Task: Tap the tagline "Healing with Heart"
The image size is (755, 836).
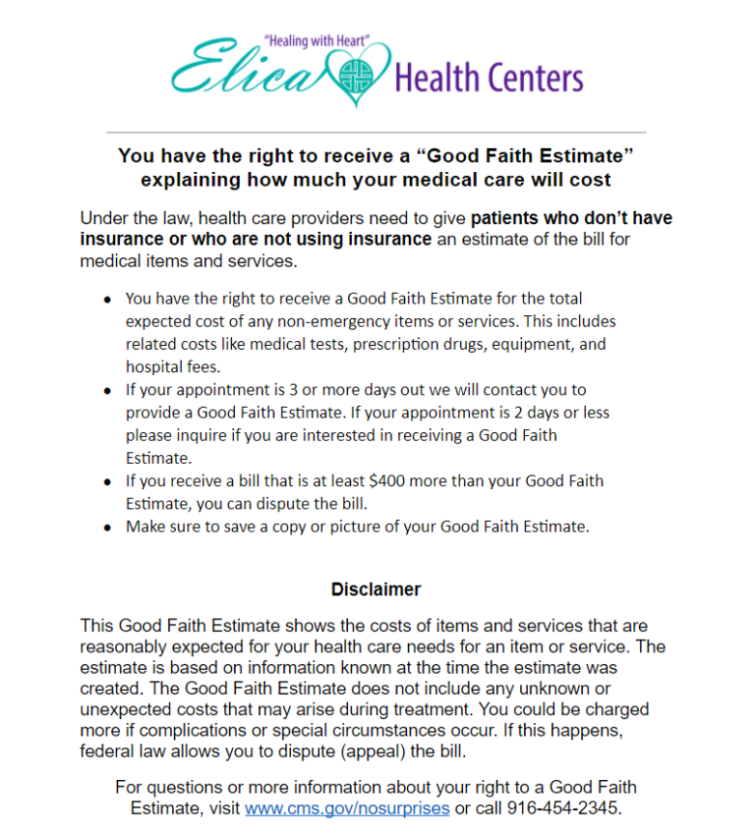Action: [316, 42]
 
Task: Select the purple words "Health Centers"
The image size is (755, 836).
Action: [489, 77]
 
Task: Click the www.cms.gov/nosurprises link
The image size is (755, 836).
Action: [347, 808]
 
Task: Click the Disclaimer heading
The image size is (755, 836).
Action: [376, 589]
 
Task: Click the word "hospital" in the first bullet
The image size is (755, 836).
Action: [152, 366]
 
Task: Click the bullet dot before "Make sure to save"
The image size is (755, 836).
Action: [107, 528]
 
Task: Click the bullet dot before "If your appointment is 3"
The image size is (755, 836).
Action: [107, 391]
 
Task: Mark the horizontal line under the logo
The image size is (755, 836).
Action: [376, 132]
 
